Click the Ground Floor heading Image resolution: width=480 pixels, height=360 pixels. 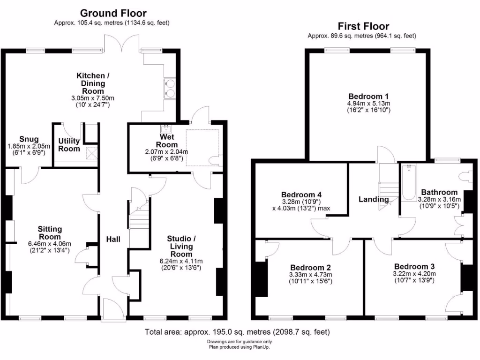pos(113,13)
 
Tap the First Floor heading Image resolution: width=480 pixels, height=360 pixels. pos(363,27)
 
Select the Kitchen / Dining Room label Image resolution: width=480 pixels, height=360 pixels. pos(93,82)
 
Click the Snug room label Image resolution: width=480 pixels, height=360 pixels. pos(26,139)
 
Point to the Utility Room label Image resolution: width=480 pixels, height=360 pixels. pos(69,144)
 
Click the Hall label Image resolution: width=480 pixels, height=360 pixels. pos(113,239)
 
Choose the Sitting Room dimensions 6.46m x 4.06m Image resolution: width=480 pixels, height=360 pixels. pos(50,244)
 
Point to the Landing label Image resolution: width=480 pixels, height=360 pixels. pos(374,199)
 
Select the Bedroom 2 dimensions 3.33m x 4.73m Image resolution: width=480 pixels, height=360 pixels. pos(310,275)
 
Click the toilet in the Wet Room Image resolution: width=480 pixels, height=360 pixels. pos(215,161)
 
